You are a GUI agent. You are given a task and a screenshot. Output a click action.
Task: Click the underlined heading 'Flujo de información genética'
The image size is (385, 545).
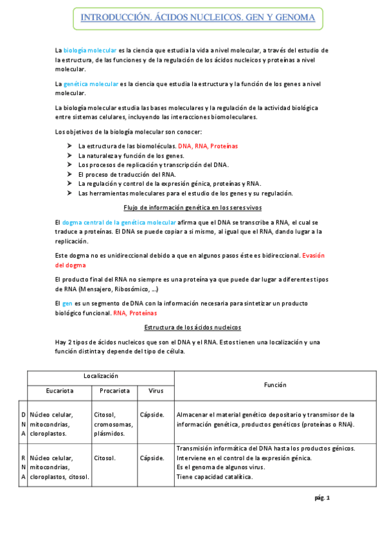pos(192,207)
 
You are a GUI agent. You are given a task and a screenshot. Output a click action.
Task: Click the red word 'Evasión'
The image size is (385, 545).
pos(314,255)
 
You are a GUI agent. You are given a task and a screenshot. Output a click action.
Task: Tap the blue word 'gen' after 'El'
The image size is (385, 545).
pos(67,303)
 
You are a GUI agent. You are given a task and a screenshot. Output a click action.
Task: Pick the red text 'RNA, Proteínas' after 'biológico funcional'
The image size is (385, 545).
pos(135,313)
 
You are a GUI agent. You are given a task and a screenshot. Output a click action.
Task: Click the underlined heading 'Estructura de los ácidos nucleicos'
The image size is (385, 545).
pos(192,326)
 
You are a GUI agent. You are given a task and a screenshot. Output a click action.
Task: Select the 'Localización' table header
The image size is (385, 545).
pos(101,375)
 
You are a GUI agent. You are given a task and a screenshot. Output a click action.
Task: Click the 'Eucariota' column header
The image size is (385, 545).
pos(59,390)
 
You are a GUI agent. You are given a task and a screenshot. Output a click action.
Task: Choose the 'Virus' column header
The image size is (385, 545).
pos(156,390)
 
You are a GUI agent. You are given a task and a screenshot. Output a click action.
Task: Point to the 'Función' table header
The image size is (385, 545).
pos(274,384)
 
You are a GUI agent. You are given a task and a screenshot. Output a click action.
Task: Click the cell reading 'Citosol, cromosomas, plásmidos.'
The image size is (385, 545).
pos(113,424)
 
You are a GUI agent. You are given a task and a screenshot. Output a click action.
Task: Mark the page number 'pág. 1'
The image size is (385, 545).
pos(321,498)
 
